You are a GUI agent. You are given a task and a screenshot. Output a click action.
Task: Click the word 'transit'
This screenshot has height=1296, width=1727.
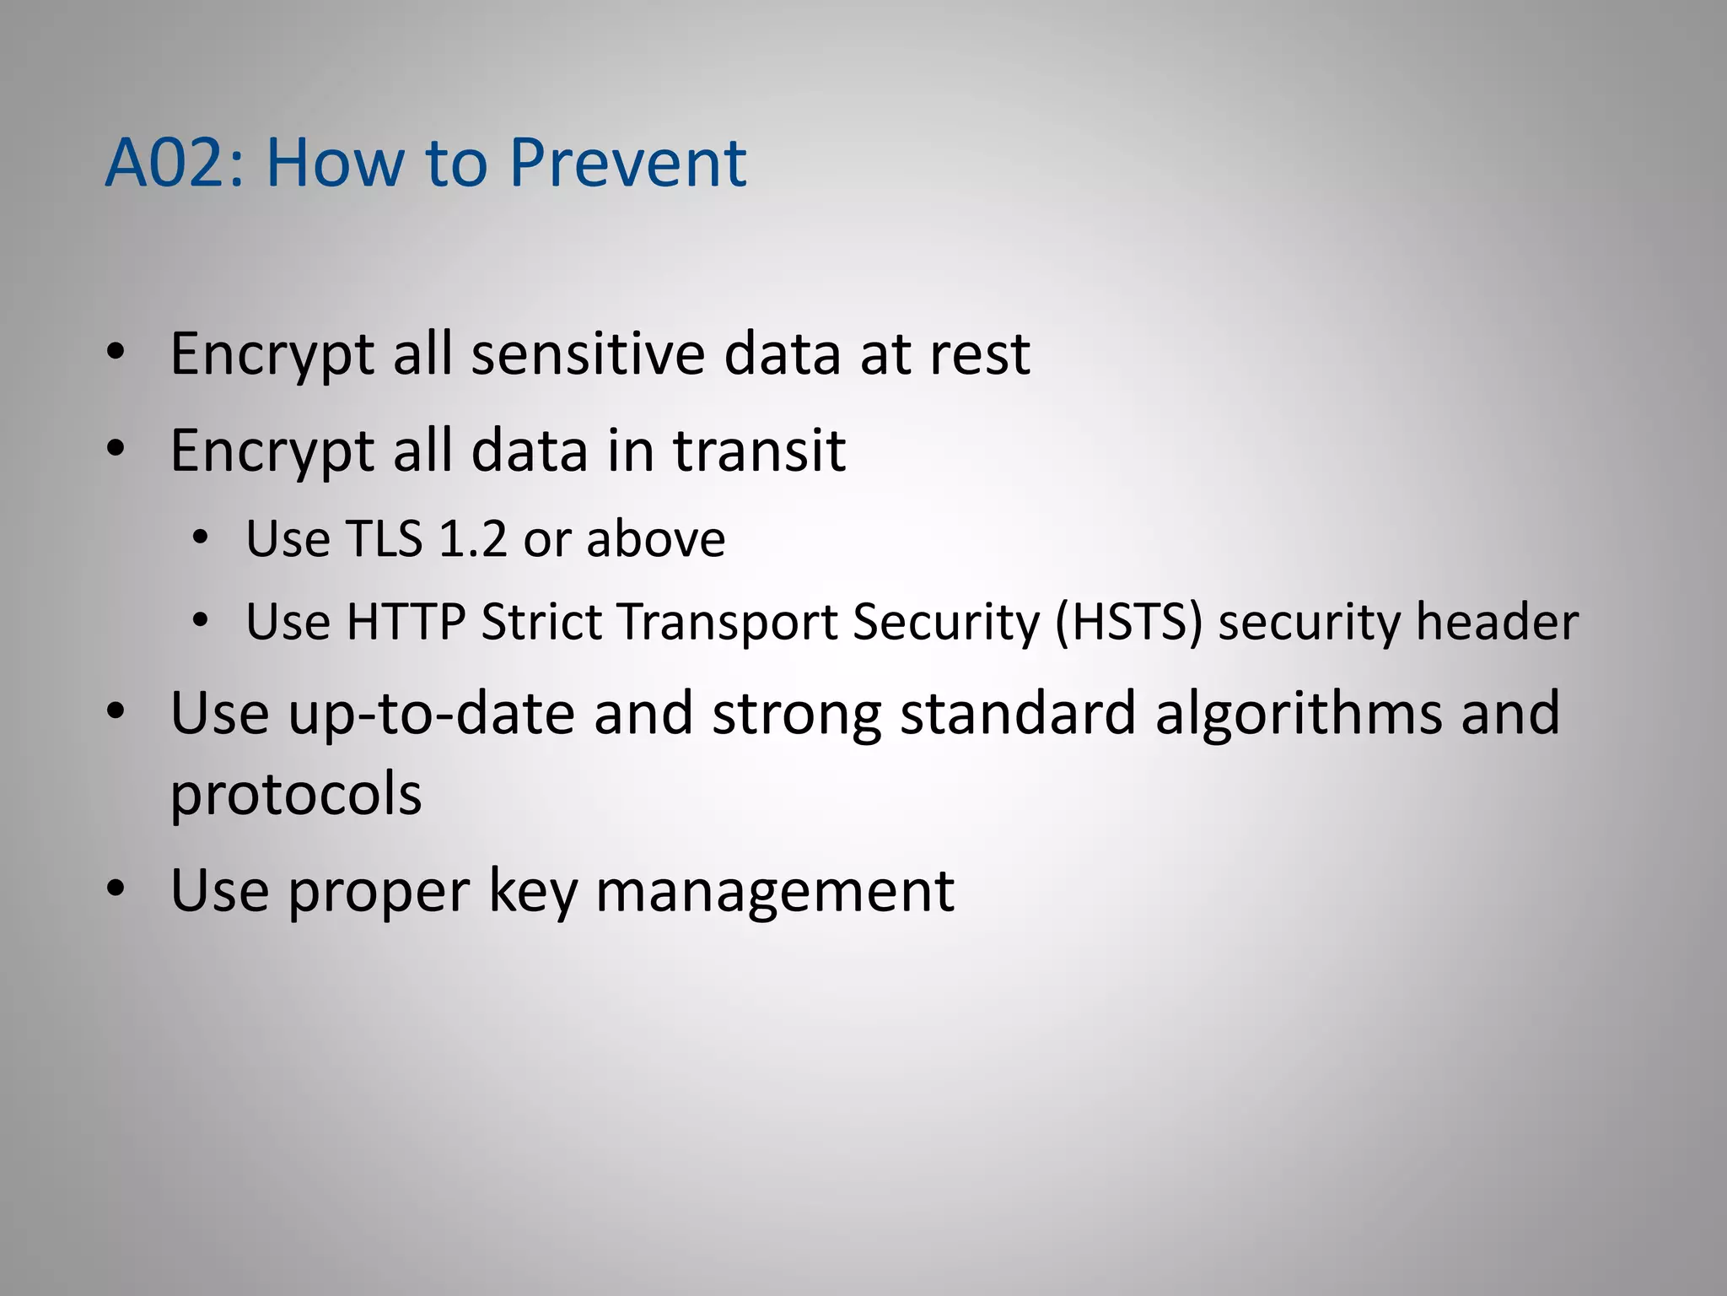(x=759, y=451)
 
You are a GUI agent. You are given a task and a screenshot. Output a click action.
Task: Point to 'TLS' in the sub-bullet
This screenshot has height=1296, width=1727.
(x=384, y=539)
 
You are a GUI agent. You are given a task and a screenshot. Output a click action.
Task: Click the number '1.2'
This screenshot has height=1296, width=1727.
(x=473, y=539)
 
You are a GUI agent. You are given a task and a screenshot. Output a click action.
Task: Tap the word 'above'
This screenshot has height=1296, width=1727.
(x=655, y=539)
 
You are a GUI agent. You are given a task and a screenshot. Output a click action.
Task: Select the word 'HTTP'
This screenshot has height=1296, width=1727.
(x=406, y=622)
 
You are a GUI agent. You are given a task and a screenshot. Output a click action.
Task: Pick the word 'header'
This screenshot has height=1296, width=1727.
(x=1496, y=622)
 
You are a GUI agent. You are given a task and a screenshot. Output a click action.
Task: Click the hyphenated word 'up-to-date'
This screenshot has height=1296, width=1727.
(x=431, y=714)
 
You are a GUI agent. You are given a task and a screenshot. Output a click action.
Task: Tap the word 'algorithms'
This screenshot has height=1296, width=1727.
(x=1298, y=714)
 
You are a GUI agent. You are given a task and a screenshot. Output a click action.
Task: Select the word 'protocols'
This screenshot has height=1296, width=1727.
(x=295, y=795)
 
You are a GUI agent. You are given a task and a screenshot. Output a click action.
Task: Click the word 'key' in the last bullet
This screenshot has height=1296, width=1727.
(x=533, y=891)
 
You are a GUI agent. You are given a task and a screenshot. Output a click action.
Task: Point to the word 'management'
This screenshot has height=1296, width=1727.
(x=775, y=891)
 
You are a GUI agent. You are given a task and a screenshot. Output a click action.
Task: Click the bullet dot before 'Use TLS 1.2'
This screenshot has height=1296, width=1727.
(x=200, y=537)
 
